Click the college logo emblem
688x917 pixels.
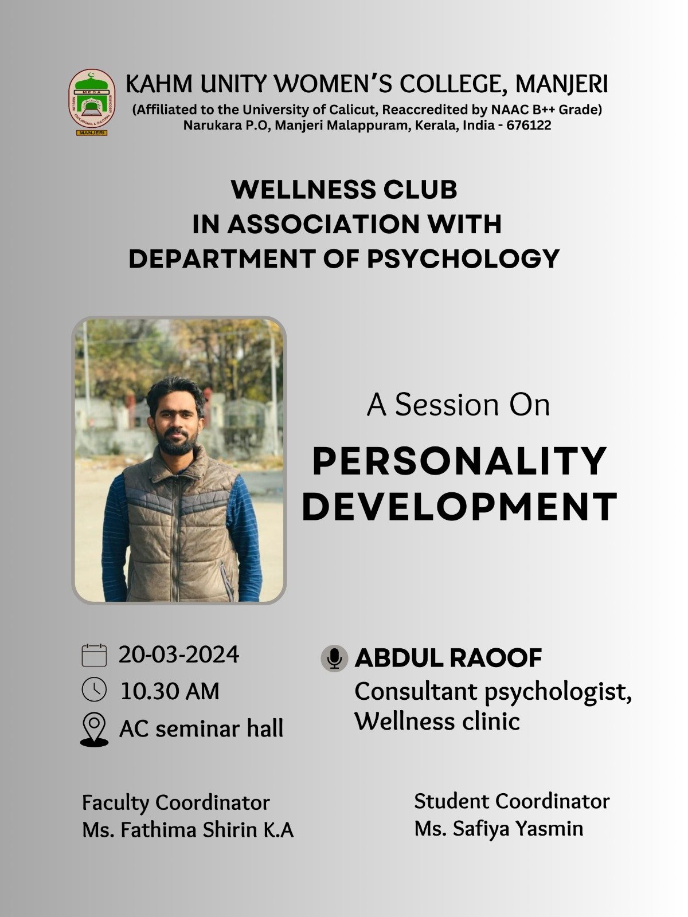tap(92, 102)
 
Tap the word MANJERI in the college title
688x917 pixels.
tap(561, 84)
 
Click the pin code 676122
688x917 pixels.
tap(529, 125)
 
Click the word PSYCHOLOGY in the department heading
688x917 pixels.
tap(463, 258)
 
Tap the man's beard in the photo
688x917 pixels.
tap(177, 444)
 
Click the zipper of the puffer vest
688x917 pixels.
tap(178, 539)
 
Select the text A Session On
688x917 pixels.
tap(458, 405)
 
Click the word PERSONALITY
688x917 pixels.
tap(459, 461)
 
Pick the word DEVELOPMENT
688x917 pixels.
tap(459, 506)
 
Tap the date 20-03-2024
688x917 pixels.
tap(179, 655)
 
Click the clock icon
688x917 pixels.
tap(94, 689)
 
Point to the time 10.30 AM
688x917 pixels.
tap(170, 691)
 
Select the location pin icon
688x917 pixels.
tap(94, 729)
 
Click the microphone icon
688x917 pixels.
tap(334, 659)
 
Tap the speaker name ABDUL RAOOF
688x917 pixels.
tap(448, 658)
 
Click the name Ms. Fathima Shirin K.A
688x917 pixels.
tap(188, 830)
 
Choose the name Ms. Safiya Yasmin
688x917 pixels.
tap(499, 828)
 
